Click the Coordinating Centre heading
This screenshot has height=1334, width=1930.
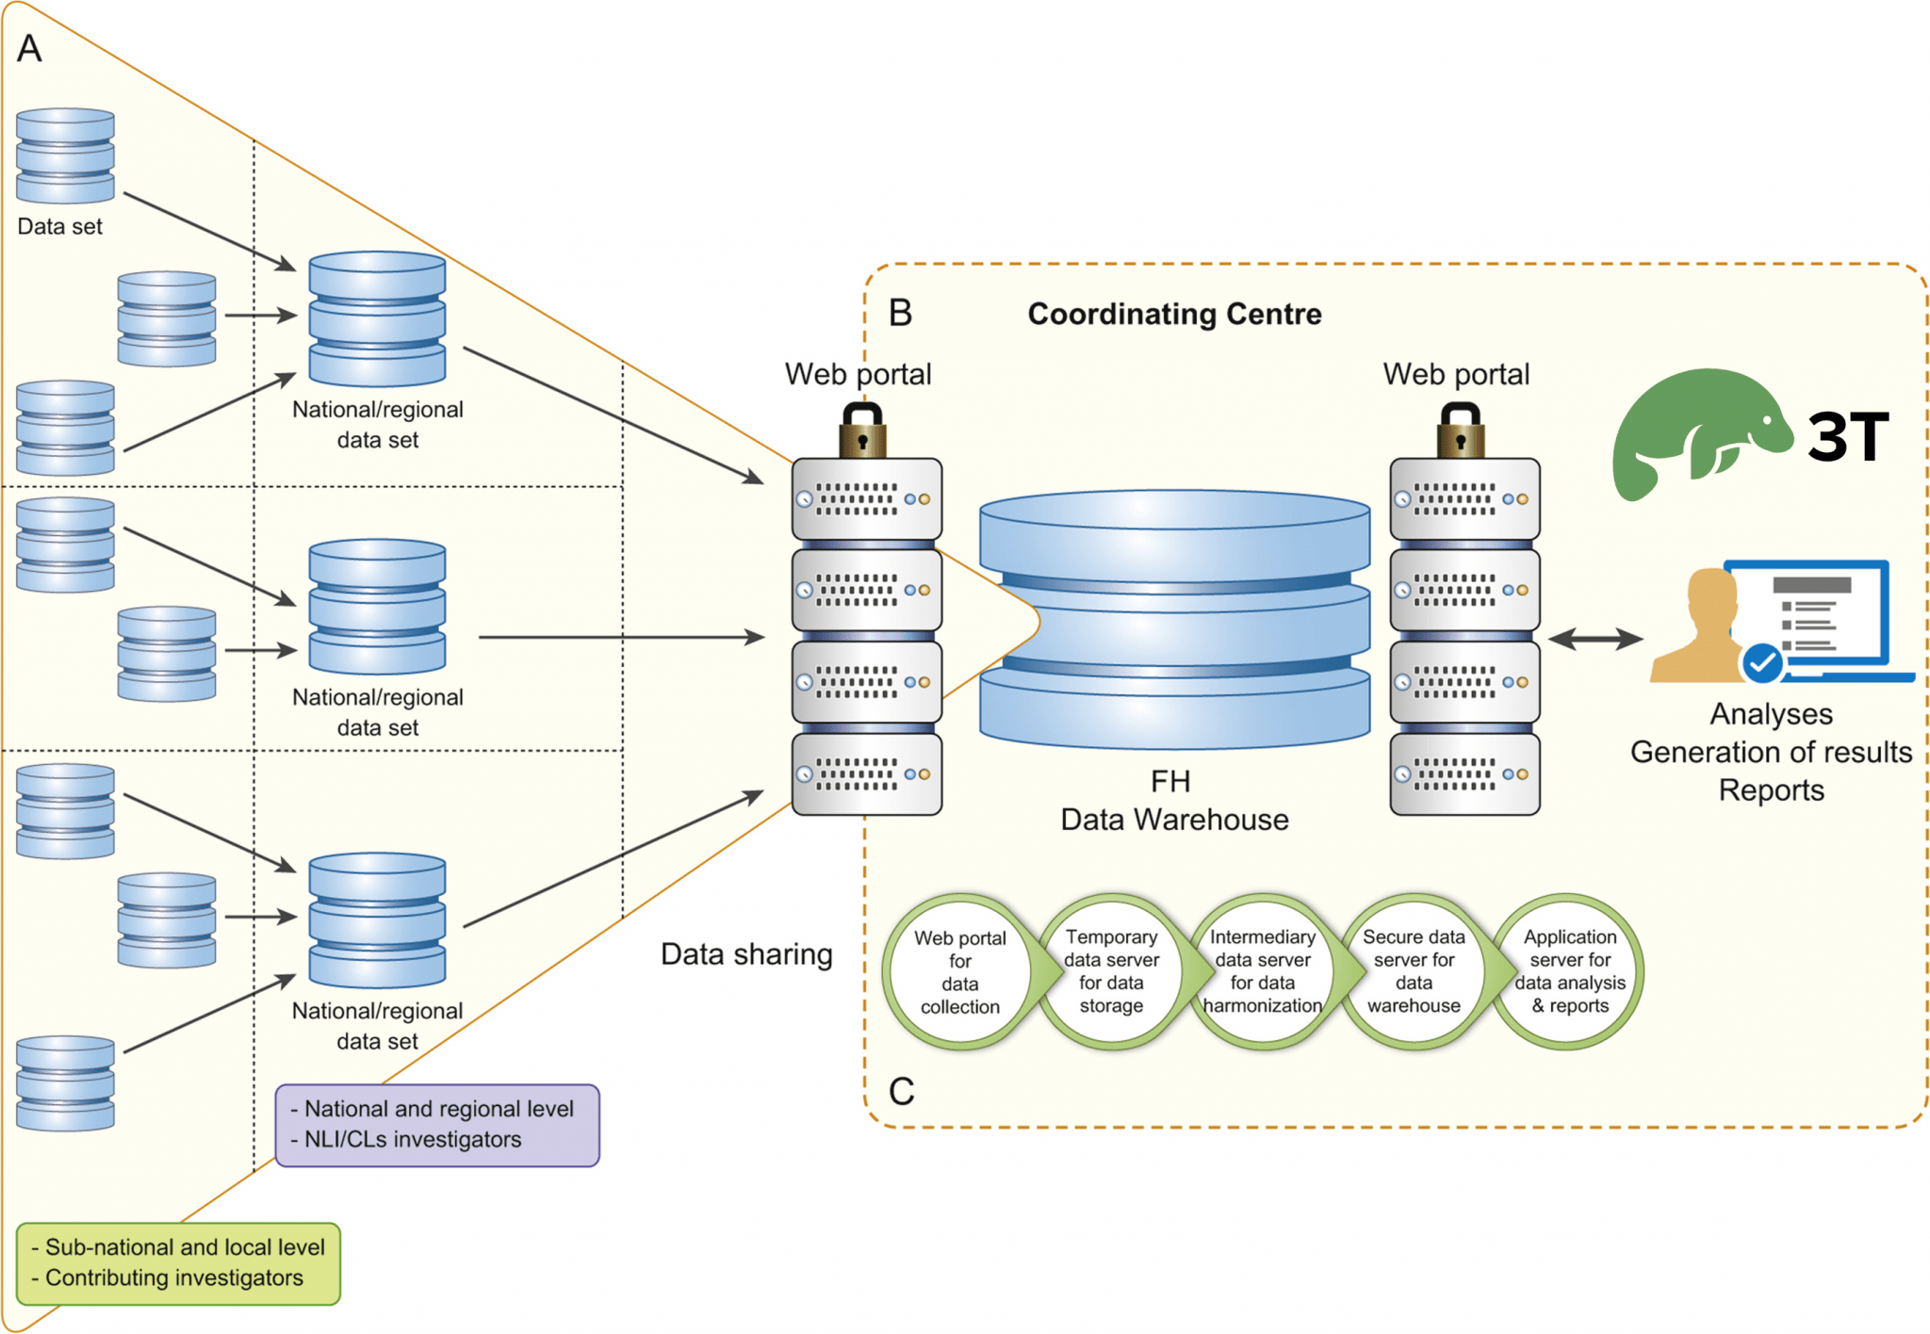click(x=1173, y=314)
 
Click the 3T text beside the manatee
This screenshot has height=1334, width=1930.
click(x=1848, y=436)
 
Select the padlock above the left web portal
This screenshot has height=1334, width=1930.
click(x=862, y=431)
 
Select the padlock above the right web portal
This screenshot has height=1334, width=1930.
click(x=1461, y=431)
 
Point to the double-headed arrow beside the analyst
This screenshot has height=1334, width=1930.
click(x=1595, y=639)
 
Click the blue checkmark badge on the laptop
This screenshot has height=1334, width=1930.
click(x=1761, y=662)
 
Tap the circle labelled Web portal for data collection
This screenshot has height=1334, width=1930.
click(x=959, y=972)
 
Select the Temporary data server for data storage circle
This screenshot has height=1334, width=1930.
click(x=1111, y=971)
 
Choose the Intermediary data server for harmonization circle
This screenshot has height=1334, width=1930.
click(x=1262, y=971)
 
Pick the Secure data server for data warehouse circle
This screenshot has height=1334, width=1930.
click(x=1414, y=971)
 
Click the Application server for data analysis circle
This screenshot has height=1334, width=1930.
click(x=1569, y=971)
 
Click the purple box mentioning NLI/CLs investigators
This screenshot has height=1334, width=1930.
click(x=437, y=1125)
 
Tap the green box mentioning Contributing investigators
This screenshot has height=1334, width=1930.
click(x=178, y=1263)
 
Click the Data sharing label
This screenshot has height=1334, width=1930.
click(x=746, y=954)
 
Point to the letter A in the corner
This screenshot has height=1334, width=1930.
click(x=29, y=48)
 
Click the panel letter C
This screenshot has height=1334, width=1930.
click(x=901, y=1092)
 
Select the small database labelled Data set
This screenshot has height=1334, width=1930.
click(x=65, y=155)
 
